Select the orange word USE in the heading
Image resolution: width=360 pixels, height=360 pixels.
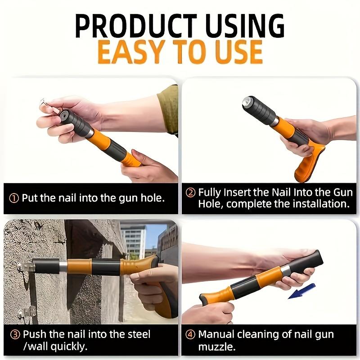[234, 53]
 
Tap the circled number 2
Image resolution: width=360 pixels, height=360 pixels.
[191, 193]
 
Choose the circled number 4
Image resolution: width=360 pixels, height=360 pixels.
[190, 334]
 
